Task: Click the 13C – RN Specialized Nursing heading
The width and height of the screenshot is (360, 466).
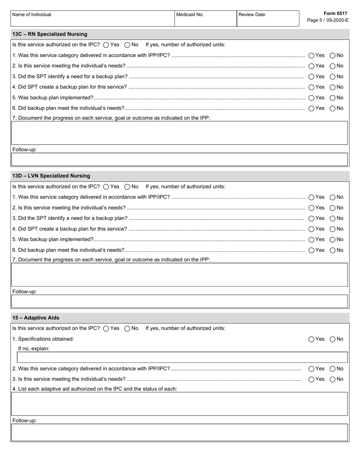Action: pos(50,34)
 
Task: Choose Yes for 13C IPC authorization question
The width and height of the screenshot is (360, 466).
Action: pos(106,45)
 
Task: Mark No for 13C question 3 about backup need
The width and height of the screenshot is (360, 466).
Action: pos(332,77)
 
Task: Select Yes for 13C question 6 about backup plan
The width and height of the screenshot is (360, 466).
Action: pos(311,108)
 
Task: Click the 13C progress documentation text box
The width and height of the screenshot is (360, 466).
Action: pos(180,133)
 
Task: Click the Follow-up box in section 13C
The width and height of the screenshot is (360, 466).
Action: pos(180,160)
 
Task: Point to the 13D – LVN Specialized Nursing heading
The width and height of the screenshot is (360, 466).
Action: pos(51,176)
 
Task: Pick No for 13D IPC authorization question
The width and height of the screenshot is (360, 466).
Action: pos(127,187)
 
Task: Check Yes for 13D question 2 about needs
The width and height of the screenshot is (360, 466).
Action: pos(311,208)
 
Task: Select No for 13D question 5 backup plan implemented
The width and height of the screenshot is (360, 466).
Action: pos(332,240)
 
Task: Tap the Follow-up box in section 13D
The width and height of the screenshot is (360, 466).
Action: pos(180,301)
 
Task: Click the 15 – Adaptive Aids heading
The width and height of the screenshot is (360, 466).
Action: pos(36,318)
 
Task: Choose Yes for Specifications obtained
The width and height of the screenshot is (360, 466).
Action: pos(311,339)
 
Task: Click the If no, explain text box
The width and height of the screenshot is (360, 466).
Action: pos(182,357)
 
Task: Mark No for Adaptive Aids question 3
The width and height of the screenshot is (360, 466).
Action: pos(332,379)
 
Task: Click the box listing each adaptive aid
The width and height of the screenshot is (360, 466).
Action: pos(180,404)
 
